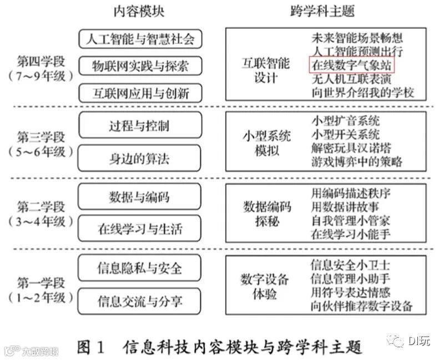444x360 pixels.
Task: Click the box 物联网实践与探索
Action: click(139, 67)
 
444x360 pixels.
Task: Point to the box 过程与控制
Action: click(139, 125)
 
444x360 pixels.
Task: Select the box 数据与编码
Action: click(139, 196)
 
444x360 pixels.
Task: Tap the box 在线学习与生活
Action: click(139, 229)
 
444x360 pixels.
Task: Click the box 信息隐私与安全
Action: click(139, 268)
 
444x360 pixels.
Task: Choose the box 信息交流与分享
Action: click(139, 302)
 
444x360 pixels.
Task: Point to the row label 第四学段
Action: click(41, 59)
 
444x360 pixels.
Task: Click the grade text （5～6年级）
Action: click(41, 150)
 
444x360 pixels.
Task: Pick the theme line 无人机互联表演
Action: click(352, 79)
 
